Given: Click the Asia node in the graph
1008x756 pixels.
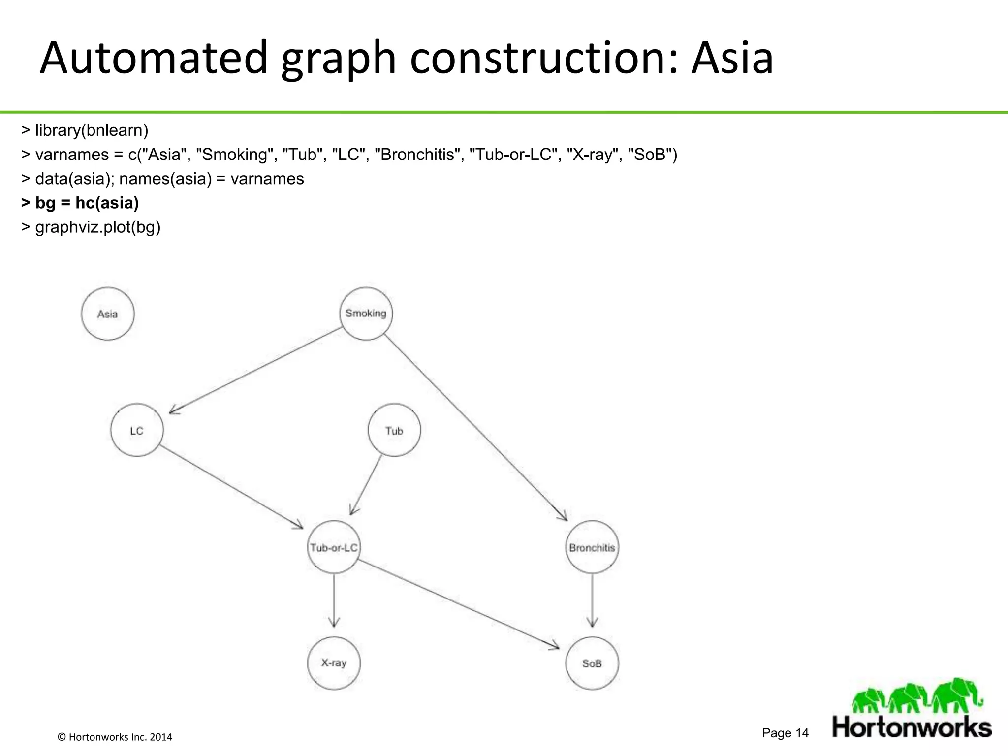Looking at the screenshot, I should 107,314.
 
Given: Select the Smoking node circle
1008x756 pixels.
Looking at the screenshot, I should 366,314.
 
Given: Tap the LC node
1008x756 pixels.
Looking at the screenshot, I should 137,431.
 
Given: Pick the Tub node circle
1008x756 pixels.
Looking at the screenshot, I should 394,431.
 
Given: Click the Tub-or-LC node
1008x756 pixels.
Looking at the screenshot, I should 334,547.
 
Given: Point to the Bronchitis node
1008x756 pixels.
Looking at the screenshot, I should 592,547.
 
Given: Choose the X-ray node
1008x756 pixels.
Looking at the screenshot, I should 334,663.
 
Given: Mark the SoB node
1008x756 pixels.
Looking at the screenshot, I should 592,663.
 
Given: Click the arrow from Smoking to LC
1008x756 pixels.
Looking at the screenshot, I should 256,370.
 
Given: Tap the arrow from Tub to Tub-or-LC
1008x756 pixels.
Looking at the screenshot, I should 366,485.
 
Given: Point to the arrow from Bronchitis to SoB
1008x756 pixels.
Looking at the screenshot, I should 592,600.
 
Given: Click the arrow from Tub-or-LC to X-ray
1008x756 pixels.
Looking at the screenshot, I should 334,600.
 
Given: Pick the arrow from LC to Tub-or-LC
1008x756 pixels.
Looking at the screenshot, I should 231,487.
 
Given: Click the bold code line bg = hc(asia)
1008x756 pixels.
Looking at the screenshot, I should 80,203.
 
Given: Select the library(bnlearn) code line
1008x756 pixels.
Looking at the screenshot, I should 85,130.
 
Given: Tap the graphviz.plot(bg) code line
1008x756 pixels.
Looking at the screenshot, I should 91,227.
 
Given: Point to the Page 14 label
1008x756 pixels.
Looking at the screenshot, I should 785,733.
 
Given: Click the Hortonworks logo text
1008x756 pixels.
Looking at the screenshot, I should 912,727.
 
